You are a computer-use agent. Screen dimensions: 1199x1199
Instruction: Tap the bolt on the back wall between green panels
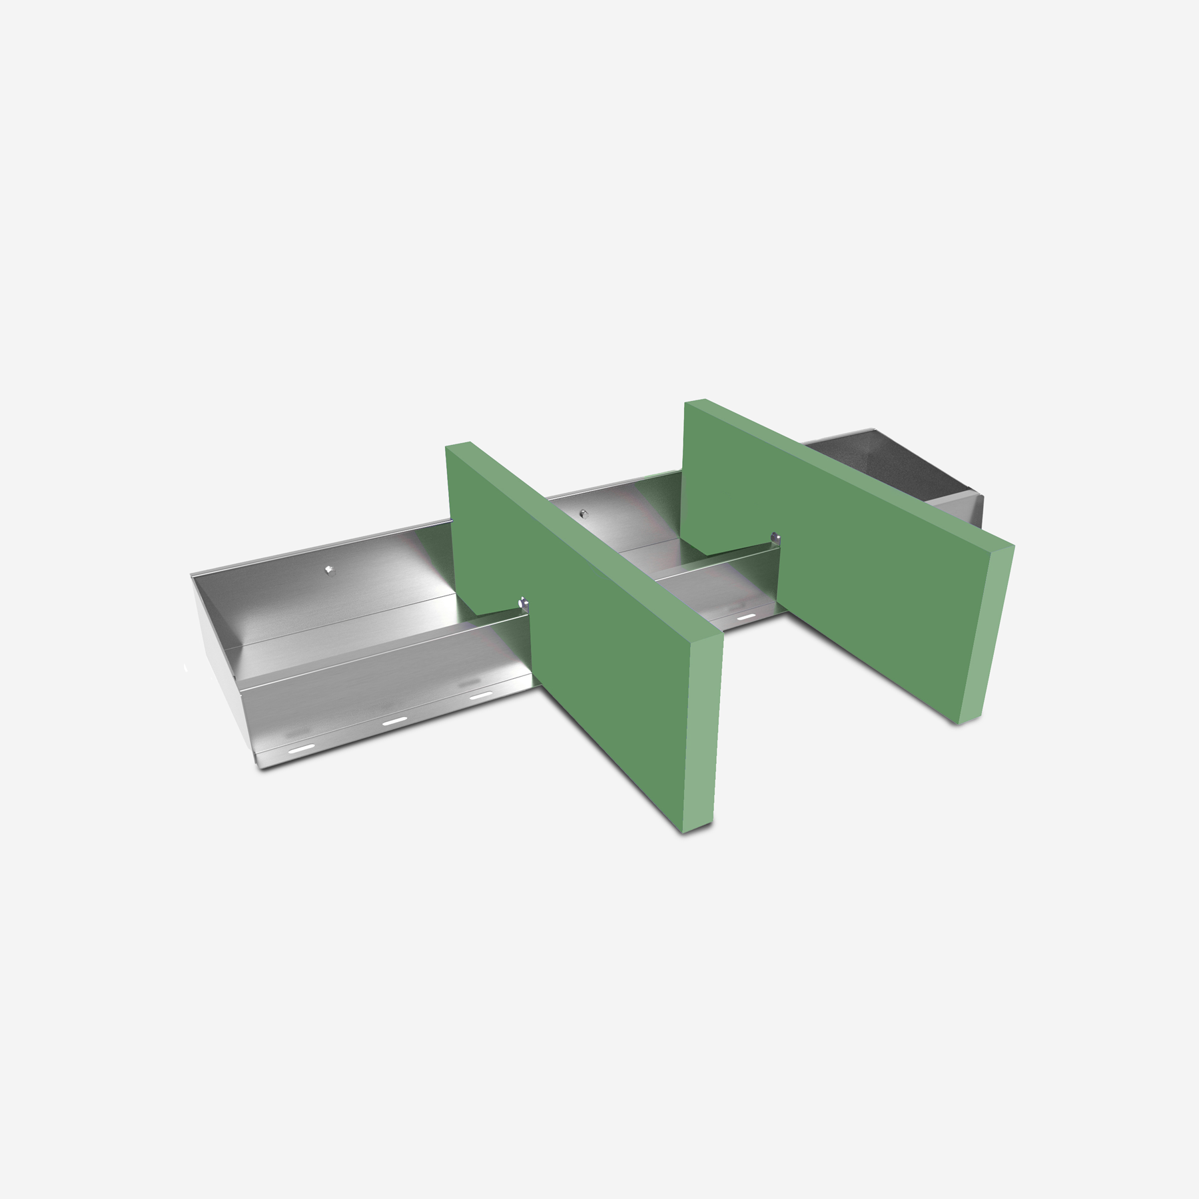point(584,513)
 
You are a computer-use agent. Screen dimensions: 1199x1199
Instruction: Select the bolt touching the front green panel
point(524,603)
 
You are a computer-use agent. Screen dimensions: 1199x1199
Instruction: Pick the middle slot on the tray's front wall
point(393,721)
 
